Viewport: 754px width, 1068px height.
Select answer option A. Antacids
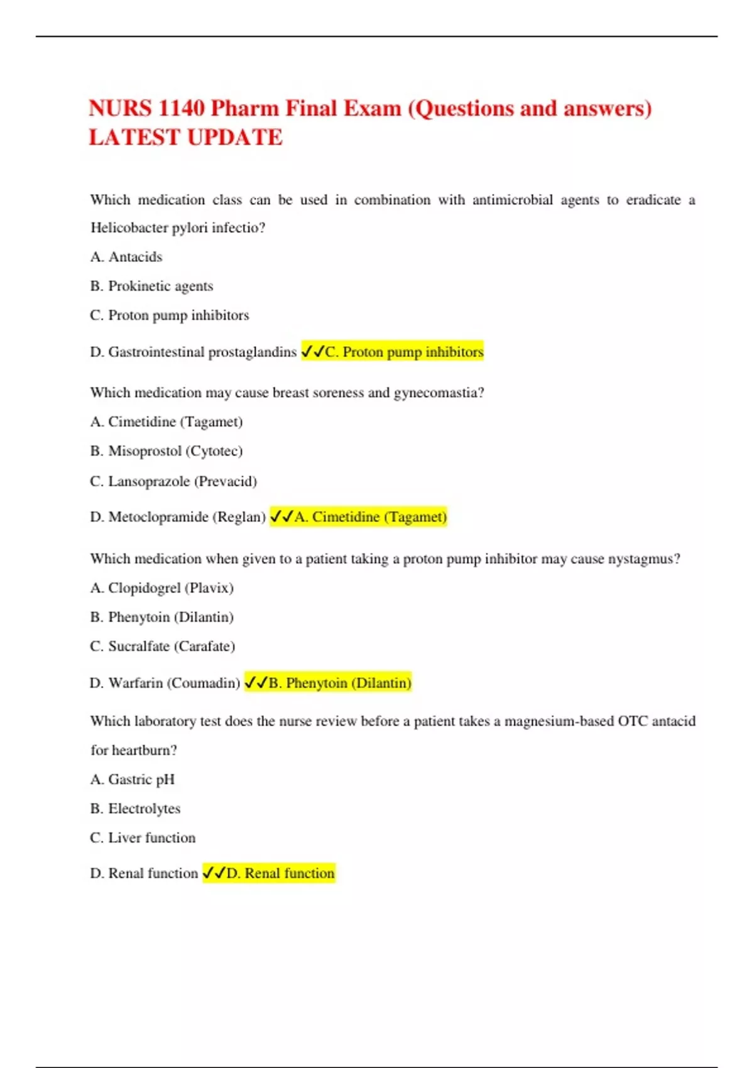click(x=126, y=257)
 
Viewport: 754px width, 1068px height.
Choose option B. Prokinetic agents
click(x=151, y=286)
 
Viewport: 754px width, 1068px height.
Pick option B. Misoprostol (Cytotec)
click(x=167, y=451)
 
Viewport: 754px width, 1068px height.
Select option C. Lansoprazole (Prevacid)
click(x=173, y=481)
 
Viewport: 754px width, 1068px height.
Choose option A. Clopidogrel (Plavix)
click(x=161, y=588)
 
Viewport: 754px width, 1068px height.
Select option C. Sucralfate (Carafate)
click(x=162, y=646)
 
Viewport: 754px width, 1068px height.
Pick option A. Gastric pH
click(x=133, y=780)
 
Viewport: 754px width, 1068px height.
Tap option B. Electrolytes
click(x=135, y=809)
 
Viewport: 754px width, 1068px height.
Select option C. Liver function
click(x=143, y=838)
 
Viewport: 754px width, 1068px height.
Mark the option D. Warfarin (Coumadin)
click(x=165, y=683)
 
